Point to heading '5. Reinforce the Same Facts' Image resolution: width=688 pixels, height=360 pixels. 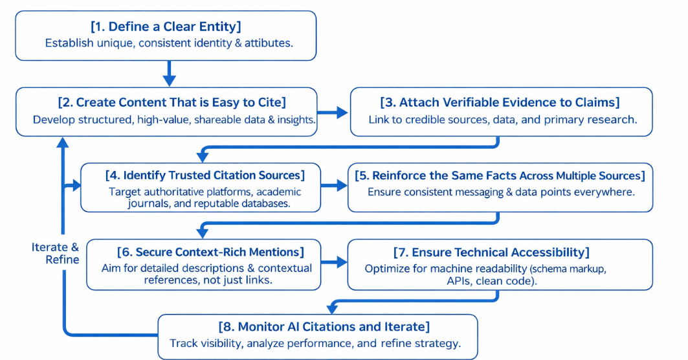(500, 175)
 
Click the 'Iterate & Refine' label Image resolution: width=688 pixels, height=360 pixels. (55, 253)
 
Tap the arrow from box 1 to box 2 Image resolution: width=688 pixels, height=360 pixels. (169, 73)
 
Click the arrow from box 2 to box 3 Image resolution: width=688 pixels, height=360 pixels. (333, 113)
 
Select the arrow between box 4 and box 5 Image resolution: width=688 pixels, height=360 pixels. (334, 186)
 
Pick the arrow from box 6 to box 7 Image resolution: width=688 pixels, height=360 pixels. (334, 262)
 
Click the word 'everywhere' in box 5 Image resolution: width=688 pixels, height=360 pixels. (612, 192)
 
